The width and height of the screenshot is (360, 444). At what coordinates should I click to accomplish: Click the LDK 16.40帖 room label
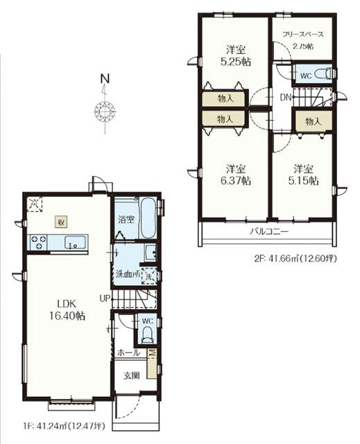point(67,310)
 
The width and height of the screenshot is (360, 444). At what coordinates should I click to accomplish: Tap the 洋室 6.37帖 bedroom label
point(235,175)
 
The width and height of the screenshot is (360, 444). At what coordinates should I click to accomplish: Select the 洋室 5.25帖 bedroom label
point(235,55)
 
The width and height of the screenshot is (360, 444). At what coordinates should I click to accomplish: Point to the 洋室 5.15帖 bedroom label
point(303,175)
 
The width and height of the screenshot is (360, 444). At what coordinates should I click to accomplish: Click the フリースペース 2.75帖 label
point(303,40)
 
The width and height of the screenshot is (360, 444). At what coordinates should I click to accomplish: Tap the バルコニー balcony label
point(269,232)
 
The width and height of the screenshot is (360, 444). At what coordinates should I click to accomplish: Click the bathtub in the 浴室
point(147,219)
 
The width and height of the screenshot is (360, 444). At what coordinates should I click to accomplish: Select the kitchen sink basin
point(75,243)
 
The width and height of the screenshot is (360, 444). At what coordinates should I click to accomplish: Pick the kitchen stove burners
point(38,242)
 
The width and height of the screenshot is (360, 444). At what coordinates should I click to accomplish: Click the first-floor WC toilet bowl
point(147,334)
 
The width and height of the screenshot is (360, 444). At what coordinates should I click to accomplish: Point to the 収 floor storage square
point(61,222)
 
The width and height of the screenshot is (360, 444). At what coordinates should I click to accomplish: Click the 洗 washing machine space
point(148,275)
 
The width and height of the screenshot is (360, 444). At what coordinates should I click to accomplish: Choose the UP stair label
point(105,298)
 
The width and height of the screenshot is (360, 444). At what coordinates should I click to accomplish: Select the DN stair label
point(285,98)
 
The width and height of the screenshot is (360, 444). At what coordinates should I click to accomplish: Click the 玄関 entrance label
point(132,376)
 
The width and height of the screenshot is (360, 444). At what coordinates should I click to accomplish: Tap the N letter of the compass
point(105,78)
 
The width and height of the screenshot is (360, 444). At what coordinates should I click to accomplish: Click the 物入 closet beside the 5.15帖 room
point(314,121)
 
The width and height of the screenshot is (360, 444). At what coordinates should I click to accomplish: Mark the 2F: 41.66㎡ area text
point(295,259)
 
